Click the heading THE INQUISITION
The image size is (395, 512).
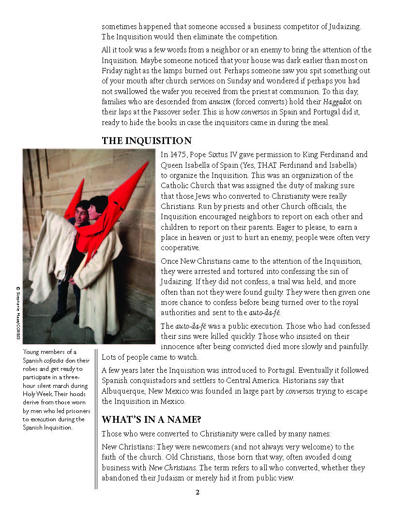coord(147,141)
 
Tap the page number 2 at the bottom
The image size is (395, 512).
coord(197,493)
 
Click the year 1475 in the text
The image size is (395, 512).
coord(177,155)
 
